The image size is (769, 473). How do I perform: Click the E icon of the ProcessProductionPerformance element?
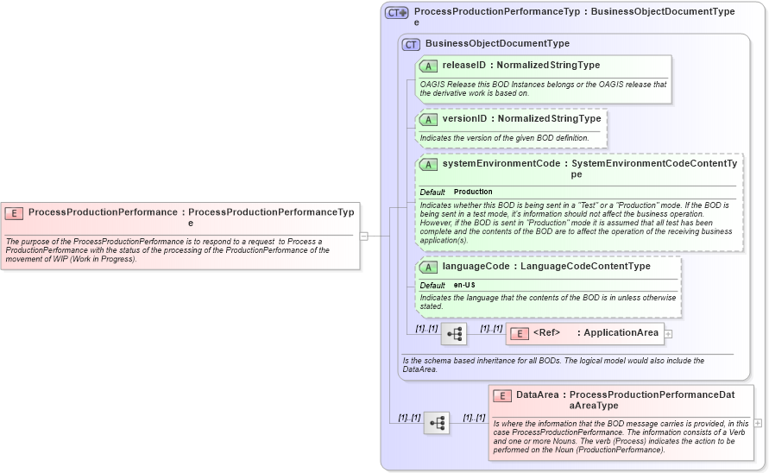tap(14, 212)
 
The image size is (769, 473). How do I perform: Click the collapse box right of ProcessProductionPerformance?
tap(364, 235)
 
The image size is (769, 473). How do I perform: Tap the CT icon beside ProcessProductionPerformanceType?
tap(397, 13)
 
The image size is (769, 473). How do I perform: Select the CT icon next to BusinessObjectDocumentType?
tap(411, 44)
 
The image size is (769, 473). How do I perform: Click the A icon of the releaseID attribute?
tap(428, 66)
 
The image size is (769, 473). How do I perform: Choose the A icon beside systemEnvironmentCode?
tap(428, 164)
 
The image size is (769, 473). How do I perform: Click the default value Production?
tap(473, 192)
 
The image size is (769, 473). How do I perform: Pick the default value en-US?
tap(464, 285)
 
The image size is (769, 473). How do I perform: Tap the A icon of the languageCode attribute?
tap(428, 267)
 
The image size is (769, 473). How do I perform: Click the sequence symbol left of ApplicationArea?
tap(454, 333)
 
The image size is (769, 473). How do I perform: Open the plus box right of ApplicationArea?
tap(668, 333)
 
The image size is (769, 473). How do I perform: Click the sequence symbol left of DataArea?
tap(437, 422)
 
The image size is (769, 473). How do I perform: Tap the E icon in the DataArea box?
tap(502, 395)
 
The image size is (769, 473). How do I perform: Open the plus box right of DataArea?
tap(758, 423)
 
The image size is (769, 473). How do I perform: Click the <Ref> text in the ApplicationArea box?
tap(546, 333)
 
